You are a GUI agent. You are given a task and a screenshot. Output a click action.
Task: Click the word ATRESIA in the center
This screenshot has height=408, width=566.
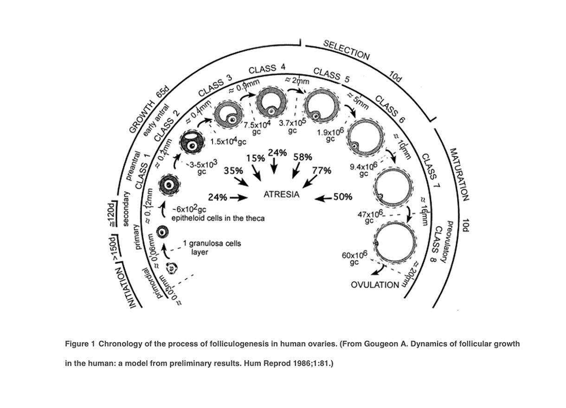click(x=281, y=195)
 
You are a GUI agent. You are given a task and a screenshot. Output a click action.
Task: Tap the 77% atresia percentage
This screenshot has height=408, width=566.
click(x=322, y=170)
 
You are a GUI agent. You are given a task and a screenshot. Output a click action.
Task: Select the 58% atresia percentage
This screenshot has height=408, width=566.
click(x=302, y=157)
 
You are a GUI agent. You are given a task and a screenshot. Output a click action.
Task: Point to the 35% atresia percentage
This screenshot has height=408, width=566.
click(x=233, y=171)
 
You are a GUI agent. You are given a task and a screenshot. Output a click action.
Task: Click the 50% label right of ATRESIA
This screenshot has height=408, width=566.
click(x=343, y=197)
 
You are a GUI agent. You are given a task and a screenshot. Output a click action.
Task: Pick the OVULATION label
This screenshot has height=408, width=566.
click(x=375, y=284)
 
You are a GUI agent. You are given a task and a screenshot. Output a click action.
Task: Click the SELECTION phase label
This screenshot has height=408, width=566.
click(x=347, y=50)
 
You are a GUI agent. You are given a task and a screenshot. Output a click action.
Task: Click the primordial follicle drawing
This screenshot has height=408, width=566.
click(x=174, y=268)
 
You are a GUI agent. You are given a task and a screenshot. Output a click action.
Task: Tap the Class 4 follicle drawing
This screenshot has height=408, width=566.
click(x=270, y=103)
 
